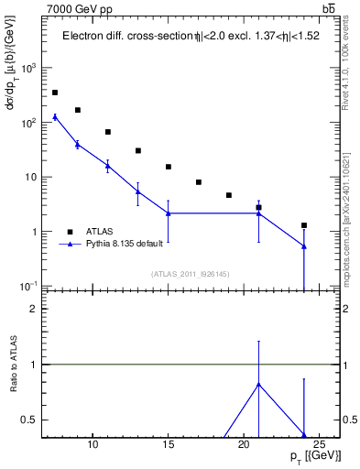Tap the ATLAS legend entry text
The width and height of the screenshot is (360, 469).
tap(99, 232)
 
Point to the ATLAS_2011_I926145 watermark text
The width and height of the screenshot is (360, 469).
tap(191, 275)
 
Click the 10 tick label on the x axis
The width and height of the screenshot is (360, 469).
tap(93, 445)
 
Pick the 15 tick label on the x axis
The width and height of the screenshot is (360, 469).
tap(169, 445)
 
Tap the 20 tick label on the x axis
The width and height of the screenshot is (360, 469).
tap(244, 445)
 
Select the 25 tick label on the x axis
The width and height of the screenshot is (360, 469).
tap(319, 445)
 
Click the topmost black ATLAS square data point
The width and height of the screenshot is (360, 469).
tap(55, 93)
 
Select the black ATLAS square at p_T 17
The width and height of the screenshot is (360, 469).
tap(199, 182)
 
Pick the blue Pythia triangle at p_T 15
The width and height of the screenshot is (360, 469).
tap(169, 213)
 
